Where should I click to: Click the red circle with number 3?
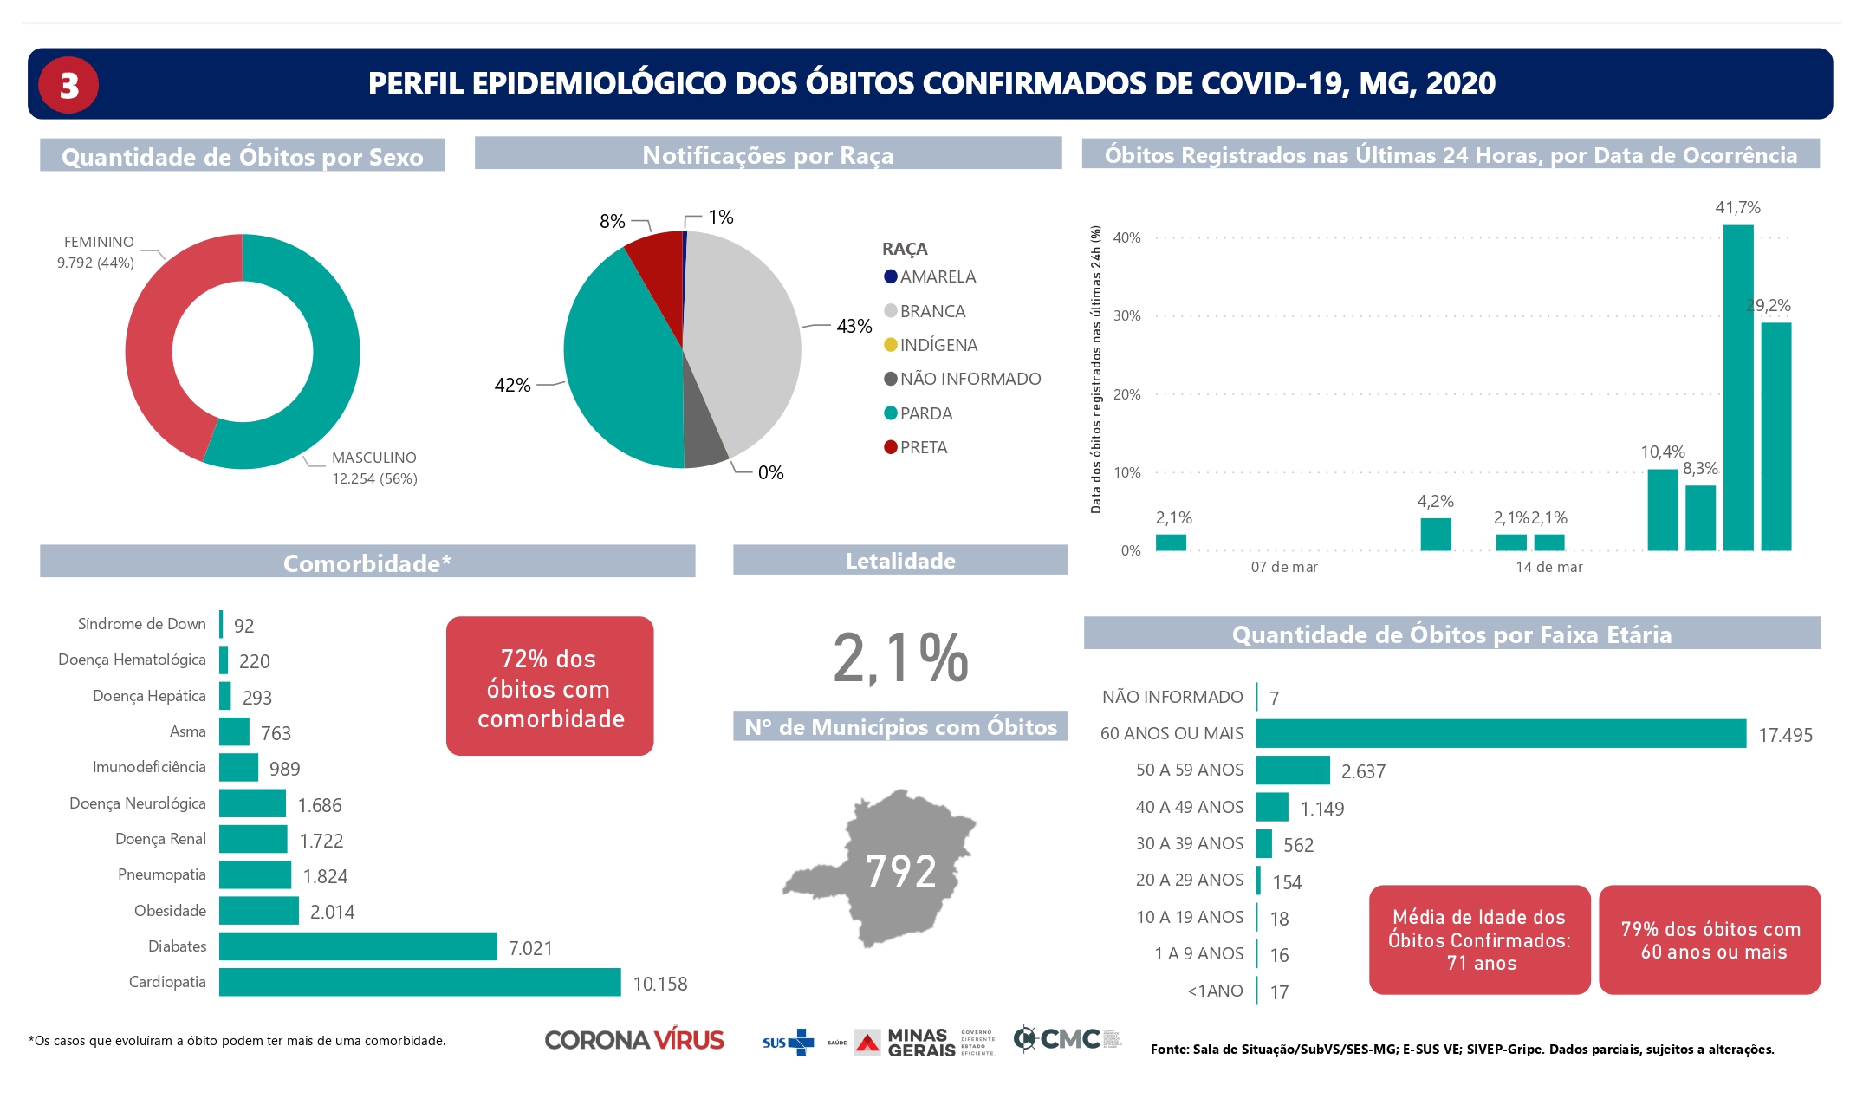coord(68,85)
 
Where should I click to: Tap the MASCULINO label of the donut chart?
coord(373,458)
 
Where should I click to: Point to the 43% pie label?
coord(854,327)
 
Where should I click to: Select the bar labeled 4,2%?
coord(1435,534)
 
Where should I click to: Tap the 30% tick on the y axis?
coord(1126,316)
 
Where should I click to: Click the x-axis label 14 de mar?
coord(1548,567)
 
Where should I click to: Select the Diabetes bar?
coord(357,946)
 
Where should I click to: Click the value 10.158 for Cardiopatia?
coord(659,984)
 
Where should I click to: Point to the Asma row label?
coord(187,731)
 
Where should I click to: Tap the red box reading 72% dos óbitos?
coord(549,686)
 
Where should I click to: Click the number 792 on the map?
coord(900,872)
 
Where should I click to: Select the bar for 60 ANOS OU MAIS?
coord(1500,733)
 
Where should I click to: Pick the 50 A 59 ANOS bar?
coord(1292,770)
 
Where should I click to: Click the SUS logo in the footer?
coord(787,1042)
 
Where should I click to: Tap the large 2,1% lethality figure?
coord(900,658)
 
